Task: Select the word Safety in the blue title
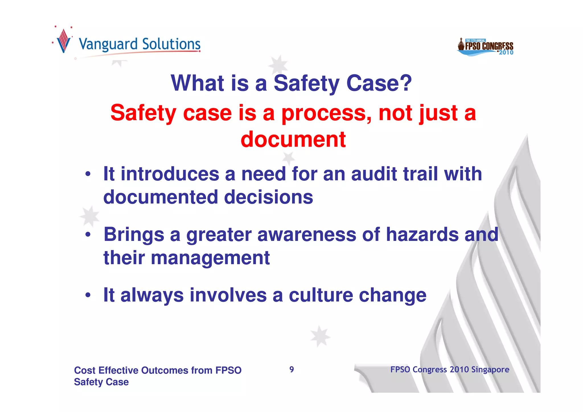coord(306,83)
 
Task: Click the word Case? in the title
coord(379,83)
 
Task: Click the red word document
coord(293,140)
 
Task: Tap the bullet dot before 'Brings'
coord(88,235)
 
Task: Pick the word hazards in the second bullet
coord(422,235)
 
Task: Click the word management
coord(210,258)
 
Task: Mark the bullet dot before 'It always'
coord(88,295)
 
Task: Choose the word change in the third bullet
coord(393,295)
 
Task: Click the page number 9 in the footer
coord(291,370)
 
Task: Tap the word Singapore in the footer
coord(490,370)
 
